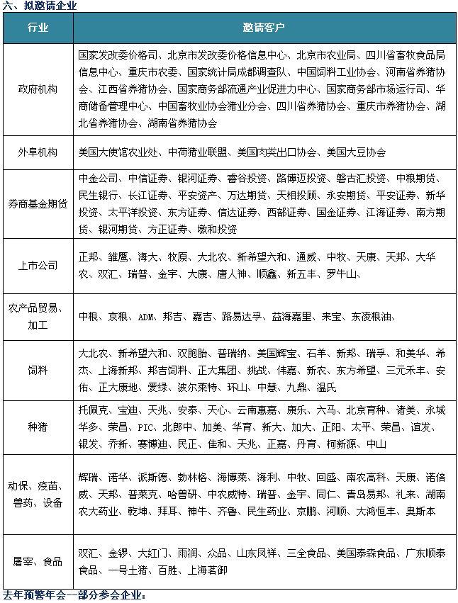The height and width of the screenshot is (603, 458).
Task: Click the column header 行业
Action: pyautogui.click(x=38, y=28)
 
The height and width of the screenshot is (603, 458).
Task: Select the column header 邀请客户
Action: pyautogui.click(x=264, y=28)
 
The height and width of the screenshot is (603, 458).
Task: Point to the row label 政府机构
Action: pyautogui.click(x=38, y=89)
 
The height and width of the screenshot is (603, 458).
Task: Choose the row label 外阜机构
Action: pyautogui.click(x=38, y=152)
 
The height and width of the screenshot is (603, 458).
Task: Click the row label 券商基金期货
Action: pyautogui.click(x=38, y=203)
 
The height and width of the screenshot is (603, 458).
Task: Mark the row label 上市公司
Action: pyautogui.click(x=38, y=266)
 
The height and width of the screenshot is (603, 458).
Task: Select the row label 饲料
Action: pyautogui.click(x=38, y=370)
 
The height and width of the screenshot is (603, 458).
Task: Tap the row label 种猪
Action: pyautogui.click(x=38, y=427)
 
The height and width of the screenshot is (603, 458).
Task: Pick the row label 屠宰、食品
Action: pyautogui.click(x=38, y=561)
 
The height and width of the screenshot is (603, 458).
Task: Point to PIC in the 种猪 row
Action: pyautogui.click(x=145, y=427)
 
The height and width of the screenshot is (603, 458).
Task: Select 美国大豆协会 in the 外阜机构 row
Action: pyautogui.click(x=356, y=152)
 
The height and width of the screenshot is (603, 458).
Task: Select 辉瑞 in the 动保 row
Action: pyautogui.click(x=88, y=477)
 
